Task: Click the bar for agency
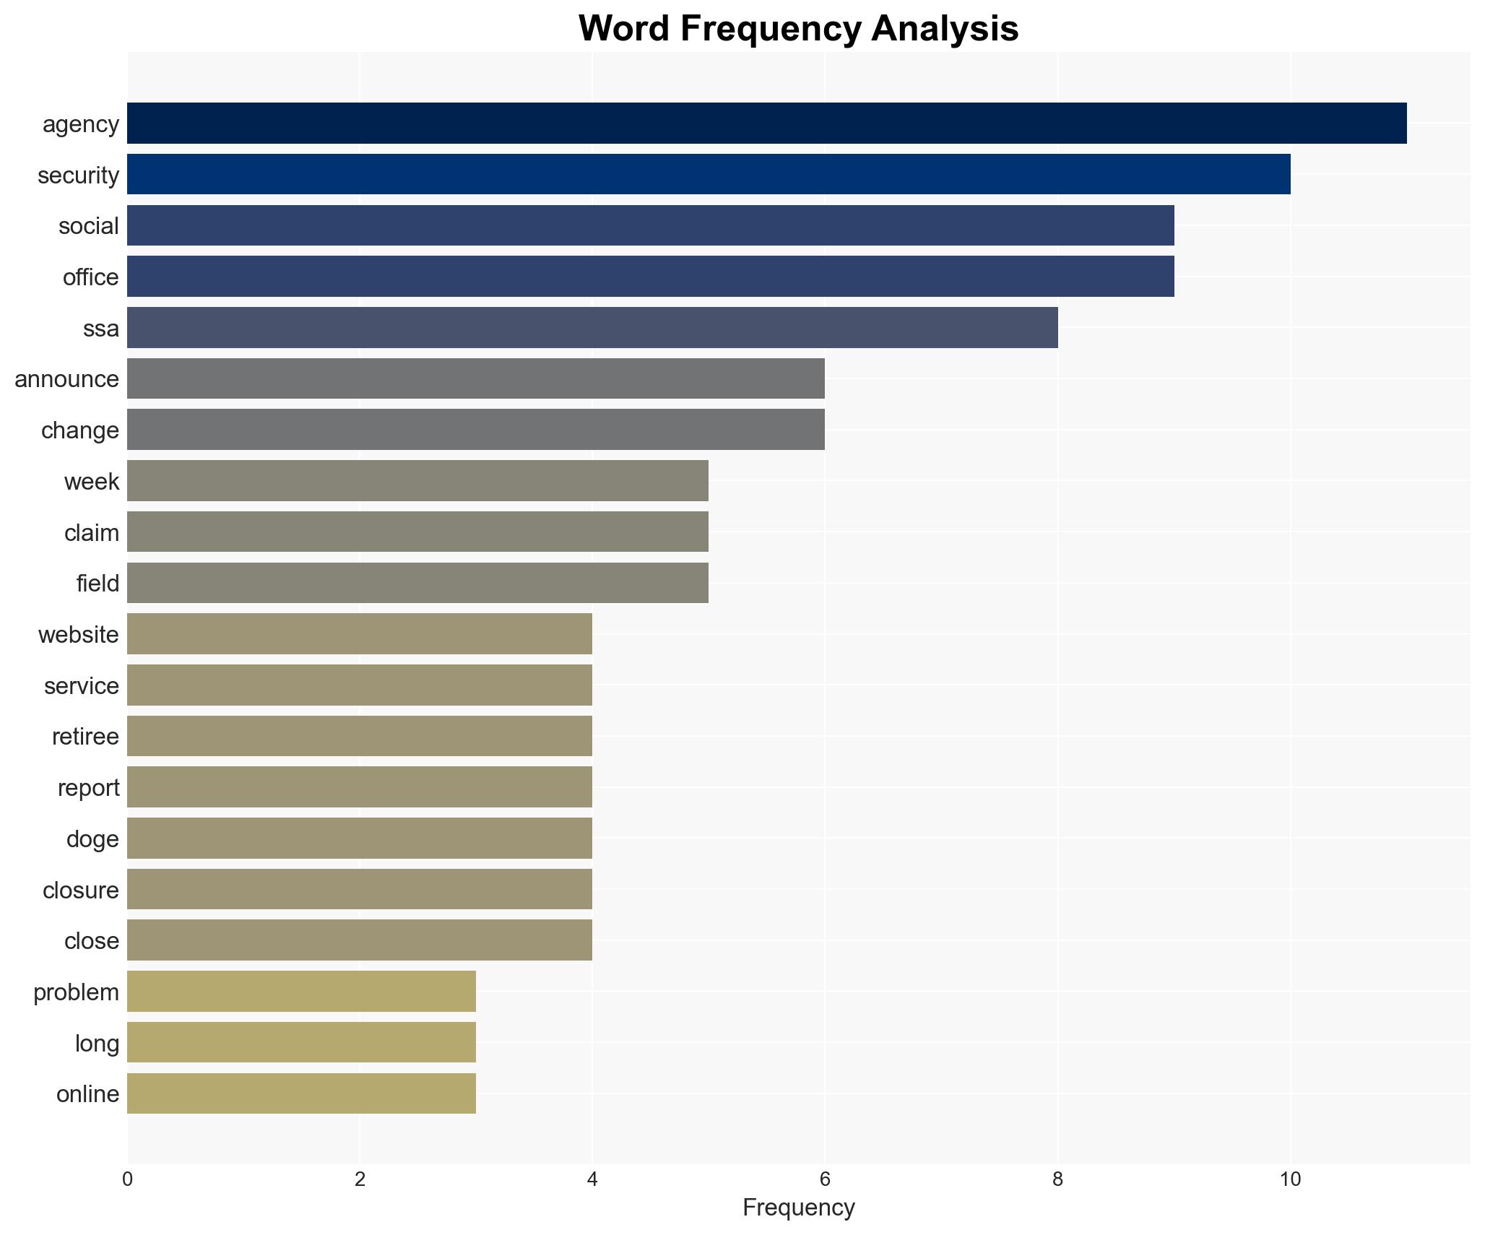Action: (766, 123)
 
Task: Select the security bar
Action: (709, 174)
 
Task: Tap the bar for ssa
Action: (592, 327)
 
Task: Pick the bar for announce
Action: (476, 378)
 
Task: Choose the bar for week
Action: (417, 480)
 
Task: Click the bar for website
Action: (360, 633)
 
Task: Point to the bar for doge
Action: (360, 838)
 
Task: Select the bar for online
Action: (301, 1093)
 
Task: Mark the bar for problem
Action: (301, 991)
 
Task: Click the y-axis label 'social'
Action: (89, 226)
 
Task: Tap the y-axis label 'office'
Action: (90, 277)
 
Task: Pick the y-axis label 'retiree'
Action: (85, 737)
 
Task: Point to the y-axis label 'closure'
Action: (80, 890)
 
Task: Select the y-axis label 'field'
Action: (98, 583)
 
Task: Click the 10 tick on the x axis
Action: (1290, 1179)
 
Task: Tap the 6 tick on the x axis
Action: (824, 1179)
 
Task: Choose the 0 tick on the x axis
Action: (127, 1179)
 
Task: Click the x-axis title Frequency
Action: (798, 1208)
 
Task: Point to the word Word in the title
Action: (623, 29)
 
